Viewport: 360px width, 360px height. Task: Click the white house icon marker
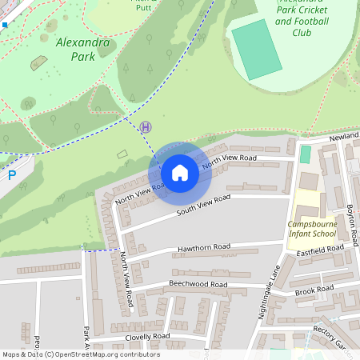click(180, 173)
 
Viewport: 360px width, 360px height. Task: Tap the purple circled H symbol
click(145, 126)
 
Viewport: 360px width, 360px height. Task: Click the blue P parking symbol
click(11, 175)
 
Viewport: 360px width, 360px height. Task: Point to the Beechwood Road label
click(198, 284)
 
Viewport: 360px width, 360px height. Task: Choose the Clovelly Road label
click(147, 337)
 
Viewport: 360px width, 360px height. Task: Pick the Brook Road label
click(314, 289)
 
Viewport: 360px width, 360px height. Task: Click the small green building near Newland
click(305, 154)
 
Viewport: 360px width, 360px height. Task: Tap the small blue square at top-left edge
click(4, 25)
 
